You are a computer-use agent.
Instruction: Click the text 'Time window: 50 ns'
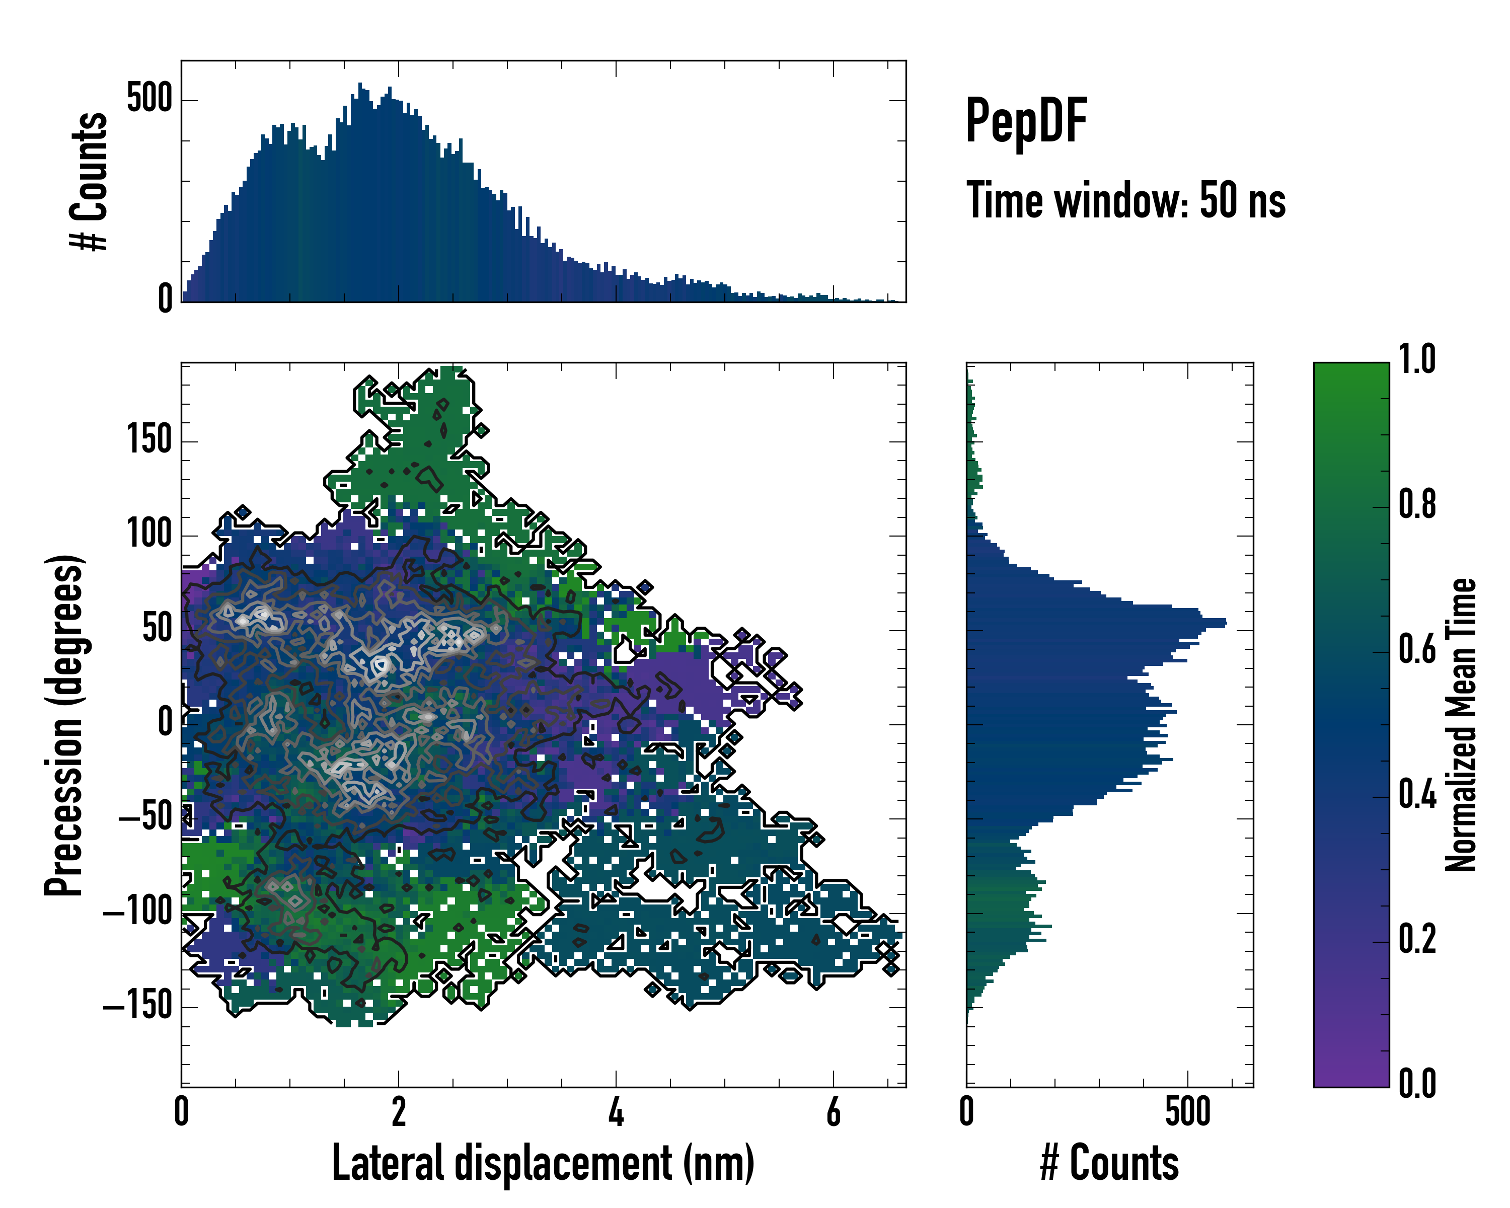pos(1125,201)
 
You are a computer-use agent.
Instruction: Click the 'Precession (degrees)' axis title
pos(64,725)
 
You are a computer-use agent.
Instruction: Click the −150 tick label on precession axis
pos(137,1006)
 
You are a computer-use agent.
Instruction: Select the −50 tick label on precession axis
pos(145,818)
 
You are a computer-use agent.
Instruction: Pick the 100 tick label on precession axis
pos(149,535)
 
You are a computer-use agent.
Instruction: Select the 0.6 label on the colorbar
pos(1417,650)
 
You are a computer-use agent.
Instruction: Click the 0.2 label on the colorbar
pos(1417,939)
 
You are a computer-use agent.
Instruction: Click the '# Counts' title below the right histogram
pos(1109,1163)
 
